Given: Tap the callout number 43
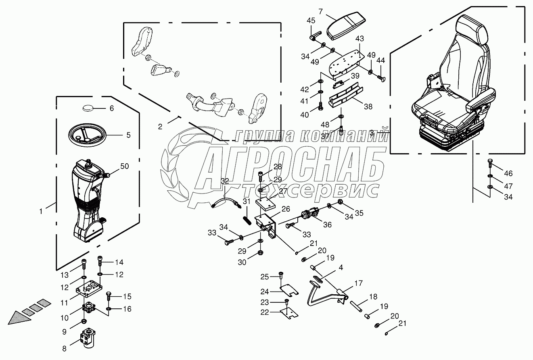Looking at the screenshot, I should tap(360, 39).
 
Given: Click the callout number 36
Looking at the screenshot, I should tap(327, 225).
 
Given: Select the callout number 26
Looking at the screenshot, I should tap(286, 209).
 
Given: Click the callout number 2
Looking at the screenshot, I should tap(160, 127).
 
